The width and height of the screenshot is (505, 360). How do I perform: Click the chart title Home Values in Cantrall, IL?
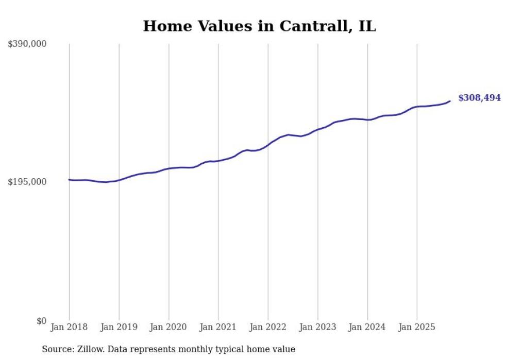tap(259, 26)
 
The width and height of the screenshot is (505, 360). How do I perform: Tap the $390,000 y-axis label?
tap(27, 44)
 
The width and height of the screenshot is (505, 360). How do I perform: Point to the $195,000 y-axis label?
tap(27, 182)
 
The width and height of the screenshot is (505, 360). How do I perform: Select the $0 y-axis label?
tap(41, 321)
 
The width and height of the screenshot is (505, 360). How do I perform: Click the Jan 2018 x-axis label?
tap(69, 327)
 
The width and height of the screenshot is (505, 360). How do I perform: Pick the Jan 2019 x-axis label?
tap(119, 327)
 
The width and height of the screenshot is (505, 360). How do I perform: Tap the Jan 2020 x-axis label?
tap(169, 327)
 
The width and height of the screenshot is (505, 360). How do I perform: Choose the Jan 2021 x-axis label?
tap(218, 327)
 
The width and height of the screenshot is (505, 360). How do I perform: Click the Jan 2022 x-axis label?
tap(268, 327)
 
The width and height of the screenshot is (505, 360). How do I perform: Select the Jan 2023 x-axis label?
tap(317, 327)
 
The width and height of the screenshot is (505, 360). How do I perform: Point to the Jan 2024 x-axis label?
tap(367, 327)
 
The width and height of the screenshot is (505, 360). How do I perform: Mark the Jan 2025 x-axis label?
tap(417, 327)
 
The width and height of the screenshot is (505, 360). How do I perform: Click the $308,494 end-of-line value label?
tap(479, 98)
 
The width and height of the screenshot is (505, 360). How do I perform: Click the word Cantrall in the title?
tap(314, 26)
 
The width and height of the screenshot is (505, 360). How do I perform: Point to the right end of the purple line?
tap(450, 101)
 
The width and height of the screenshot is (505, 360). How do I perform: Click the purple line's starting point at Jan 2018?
tap(69, 179)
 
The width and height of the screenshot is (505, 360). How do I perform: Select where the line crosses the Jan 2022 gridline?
tap(268, 144)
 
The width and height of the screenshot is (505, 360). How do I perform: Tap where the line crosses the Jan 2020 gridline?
tap(169, 168)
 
